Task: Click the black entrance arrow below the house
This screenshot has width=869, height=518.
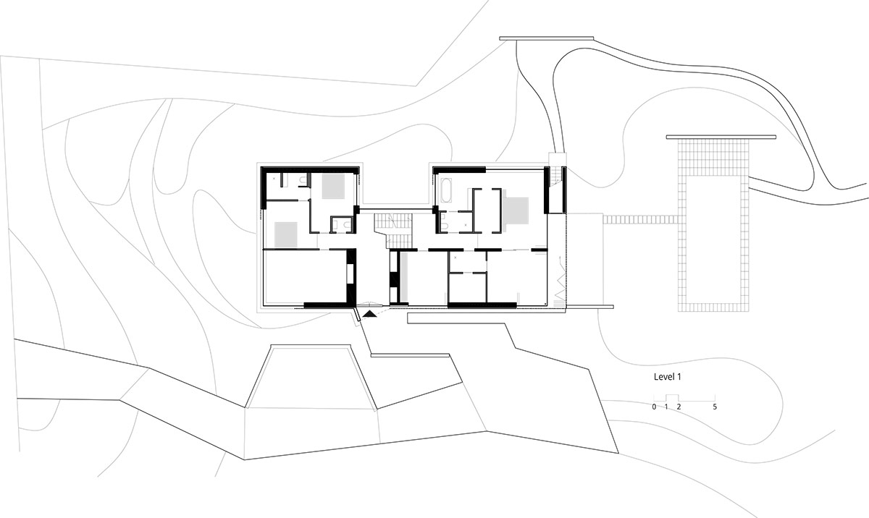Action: (x=370, y=313)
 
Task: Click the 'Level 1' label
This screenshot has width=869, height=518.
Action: (x=668, y=377)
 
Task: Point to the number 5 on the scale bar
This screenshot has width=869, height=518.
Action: (x=715, y=407)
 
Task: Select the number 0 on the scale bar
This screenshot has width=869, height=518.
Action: (x=654, y=407)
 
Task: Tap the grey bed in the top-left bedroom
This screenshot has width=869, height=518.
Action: (x=332, y=186)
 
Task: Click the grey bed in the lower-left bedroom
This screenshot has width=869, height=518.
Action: (x=286, y=233)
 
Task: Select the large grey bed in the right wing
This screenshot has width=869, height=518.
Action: (x=517, y=211)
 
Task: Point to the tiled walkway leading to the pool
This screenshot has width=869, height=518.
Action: (x=641, y=219)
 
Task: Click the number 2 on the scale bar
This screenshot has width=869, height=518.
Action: (x=679, y=407)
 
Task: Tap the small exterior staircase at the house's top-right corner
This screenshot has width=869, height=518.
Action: (x=555, y=176)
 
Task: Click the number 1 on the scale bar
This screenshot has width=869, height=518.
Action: (x=666, y=407)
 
